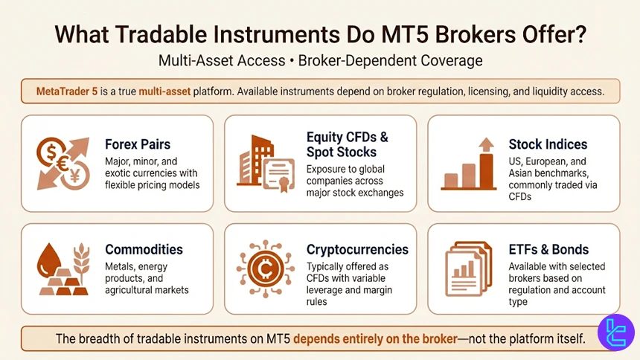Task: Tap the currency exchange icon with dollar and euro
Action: (x=63, y=163)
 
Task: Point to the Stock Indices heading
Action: (x=548, y=144)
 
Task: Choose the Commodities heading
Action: (x=144, y=249)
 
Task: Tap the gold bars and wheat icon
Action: (x=63, y=269)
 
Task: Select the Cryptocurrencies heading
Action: (x=357, y=249)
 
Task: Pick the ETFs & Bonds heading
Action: (x=548, y=249)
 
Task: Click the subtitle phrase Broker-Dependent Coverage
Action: (x=390, y=60)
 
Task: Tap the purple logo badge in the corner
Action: (x=615, y=332)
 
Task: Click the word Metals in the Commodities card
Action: (x=121, y=266)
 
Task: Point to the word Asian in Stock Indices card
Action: (x=525, y=173)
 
